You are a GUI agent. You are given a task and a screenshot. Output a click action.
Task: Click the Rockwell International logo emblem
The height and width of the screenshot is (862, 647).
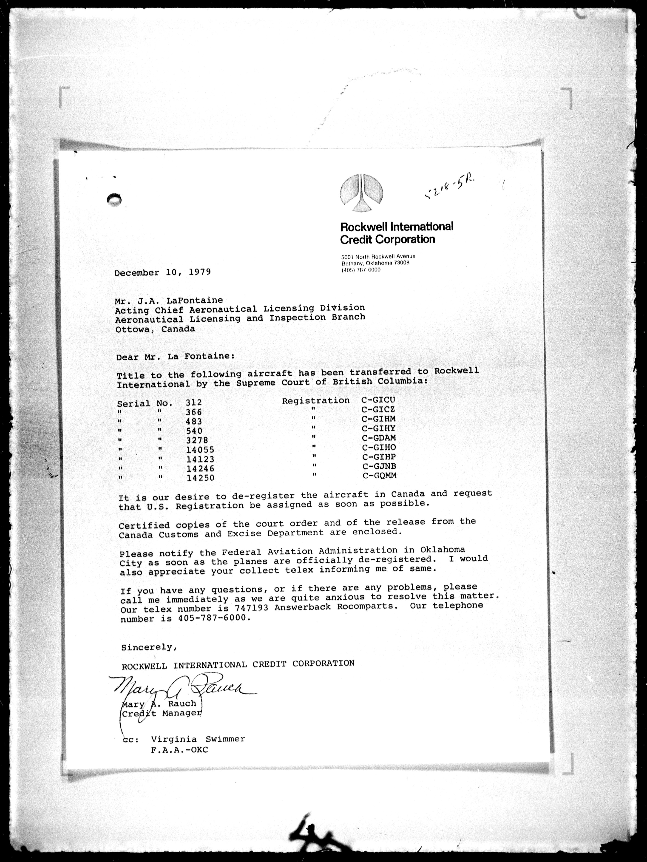[361, 193]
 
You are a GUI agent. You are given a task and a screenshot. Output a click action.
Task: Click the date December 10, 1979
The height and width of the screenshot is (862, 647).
[162, 272]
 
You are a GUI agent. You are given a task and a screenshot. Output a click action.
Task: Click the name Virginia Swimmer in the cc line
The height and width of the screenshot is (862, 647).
[198, 739]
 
